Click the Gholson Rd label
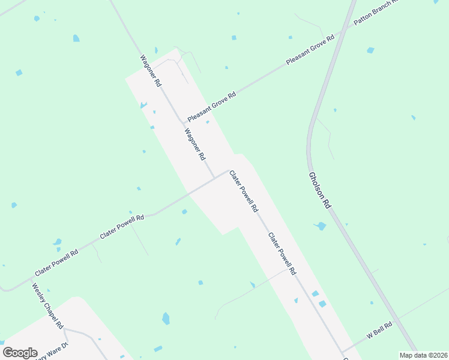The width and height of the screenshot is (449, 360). pyautogui.click(x=319, y=190)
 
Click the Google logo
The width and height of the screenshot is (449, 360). pyautogui.click(x=20, y=353)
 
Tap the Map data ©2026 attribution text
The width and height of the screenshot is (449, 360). pyautogui.click(x=423, y=355)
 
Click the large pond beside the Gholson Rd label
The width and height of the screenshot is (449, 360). pyautogui.click(x=321, y=226)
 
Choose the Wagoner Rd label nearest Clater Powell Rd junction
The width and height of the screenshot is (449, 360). pyautogui.click(x=195, y=145)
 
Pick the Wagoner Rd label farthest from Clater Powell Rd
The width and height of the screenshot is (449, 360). pyautogui.click(x=151, y=71)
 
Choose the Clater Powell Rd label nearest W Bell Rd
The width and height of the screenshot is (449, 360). pyautogui.click(x=282, y=254)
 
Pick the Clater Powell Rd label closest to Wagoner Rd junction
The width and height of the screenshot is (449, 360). pyautogui.click(x=244, y=191)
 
